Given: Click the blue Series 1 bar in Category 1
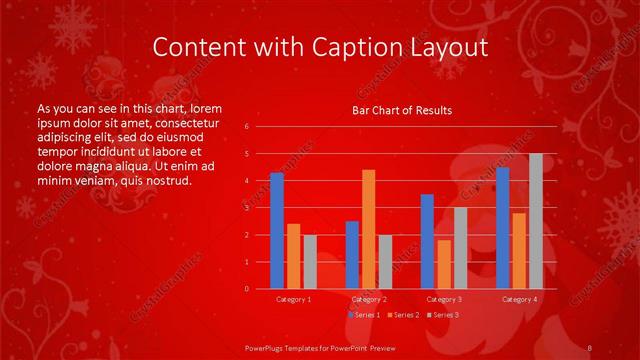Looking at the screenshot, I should (x=277, y=231).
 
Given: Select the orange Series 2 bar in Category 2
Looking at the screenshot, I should (x=369, y=229).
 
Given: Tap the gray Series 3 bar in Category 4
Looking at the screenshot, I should (x=536, y=221).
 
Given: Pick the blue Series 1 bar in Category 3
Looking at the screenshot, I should (x=427, y=241).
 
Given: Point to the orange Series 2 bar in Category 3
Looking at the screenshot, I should (x=444, y=264).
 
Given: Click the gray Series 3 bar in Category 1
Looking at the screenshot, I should (x=310, y=261).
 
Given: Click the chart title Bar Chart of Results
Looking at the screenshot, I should (x=402, y=110).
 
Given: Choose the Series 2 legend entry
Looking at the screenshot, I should (x=403, y=315).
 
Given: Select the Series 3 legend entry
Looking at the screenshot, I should (x=443, y=315).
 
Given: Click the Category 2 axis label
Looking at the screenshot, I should (x=368, y=299).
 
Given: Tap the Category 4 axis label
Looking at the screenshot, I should (x=519, y=299).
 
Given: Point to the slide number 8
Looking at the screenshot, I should (x=591, y=347).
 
